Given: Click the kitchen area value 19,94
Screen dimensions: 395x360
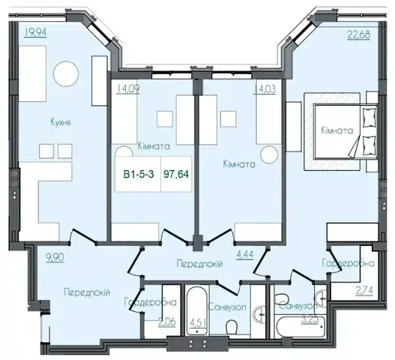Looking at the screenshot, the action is point(35,32).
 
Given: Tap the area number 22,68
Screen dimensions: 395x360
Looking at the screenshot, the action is point(359,34).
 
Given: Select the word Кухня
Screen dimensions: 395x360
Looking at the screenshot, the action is point(61,122).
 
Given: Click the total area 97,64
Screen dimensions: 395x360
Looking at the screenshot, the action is point(176,174).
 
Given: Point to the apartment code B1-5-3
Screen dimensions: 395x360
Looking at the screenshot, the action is point(139,174).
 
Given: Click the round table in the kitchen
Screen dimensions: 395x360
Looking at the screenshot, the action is point(66,73).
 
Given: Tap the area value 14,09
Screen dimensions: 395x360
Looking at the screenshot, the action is point(127,89).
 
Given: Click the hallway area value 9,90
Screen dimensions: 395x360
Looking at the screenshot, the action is point(55,257).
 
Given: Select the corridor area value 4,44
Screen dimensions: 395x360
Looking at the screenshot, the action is point(244,254).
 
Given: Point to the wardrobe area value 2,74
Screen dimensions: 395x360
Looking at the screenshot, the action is point(364,291).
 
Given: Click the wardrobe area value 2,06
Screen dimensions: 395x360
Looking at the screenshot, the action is point(166,322).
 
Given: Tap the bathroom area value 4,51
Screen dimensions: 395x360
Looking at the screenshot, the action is point(197,322).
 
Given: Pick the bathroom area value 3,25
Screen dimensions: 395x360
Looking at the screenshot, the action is point(310,319).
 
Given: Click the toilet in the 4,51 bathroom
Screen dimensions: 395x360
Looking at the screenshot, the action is point(232,327).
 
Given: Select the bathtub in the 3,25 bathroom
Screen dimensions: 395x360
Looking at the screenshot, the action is point(301,326).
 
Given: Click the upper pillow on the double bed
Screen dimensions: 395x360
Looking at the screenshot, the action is point(369,117).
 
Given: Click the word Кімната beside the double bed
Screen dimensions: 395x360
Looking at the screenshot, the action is point(337,130).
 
